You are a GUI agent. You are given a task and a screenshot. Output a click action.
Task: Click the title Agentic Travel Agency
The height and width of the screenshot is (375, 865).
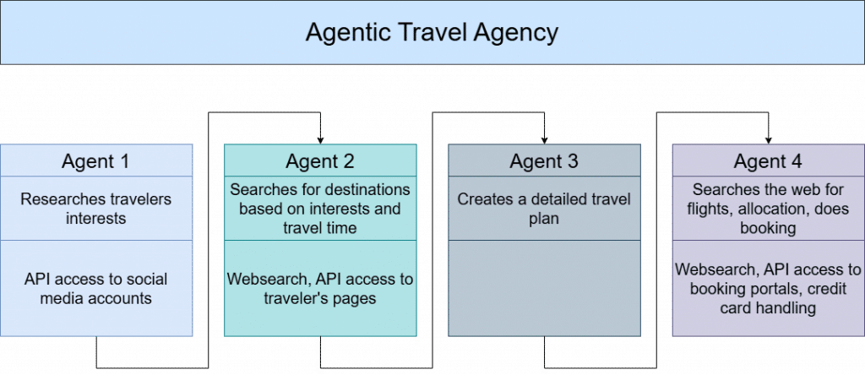pos(432,33)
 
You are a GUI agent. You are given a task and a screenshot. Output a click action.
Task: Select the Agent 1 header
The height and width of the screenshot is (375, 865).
pos(96,161)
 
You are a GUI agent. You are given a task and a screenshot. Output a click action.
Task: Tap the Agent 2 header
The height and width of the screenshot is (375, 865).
pos(320,161)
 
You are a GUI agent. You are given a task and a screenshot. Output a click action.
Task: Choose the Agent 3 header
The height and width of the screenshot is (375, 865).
pos(544,161)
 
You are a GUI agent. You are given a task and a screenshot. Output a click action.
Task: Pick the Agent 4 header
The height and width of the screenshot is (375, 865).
pos(768,161)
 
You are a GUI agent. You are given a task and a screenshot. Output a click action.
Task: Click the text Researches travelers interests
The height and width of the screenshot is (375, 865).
pos(96,209)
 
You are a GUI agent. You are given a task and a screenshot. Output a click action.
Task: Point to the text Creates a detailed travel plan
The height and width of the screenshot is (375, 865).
pos(544,209)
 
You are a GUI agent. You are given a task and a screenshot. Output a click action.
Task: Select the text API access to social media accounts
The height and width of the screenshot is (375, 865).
pos(96,288)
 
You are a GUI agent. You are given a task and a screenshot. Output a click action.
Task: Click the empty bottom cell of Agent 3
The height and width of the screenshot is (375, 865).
pos(544,288)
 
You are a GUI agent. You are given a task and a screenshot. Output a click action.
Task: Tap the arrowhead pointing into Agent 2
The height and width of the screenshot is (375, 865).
pos(320,140)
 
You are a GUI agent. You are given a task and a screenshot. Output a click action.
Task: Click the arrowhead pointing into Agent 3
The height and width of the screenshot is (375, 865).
pos(545,140)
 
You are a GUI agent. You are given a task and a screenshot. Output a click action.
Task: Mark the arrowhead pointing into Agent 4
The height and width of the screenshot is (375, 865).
pos(769,140)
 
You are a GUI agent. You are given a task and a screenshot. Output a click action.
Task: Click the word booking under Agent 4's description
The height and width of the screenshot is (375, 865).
pos(768,228)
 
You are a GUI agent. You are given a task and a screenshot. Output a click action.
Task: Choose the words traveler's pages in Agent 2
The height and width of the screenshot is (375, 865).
pos(320,298)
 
